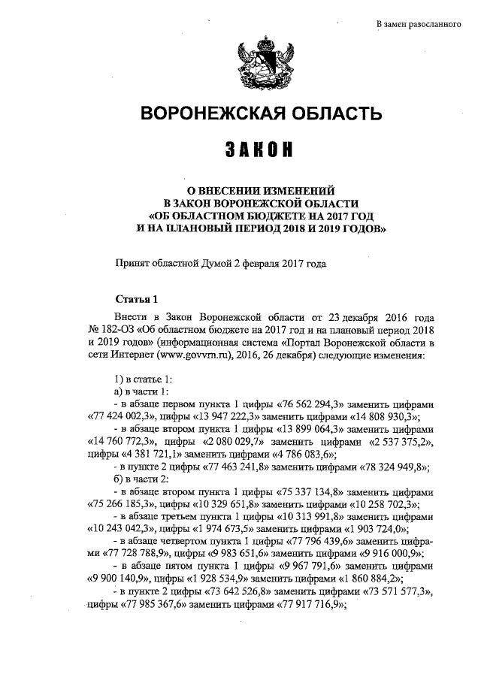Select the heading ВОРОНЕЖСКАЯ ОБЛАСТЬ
coord(262,114)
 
